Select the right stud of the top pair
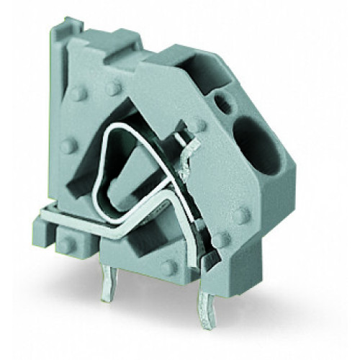[112, 88]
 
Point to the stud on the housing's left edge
[68, 146]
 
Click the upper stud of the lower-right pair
[241, 215]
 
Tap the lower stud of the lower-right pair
[222, 238]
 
